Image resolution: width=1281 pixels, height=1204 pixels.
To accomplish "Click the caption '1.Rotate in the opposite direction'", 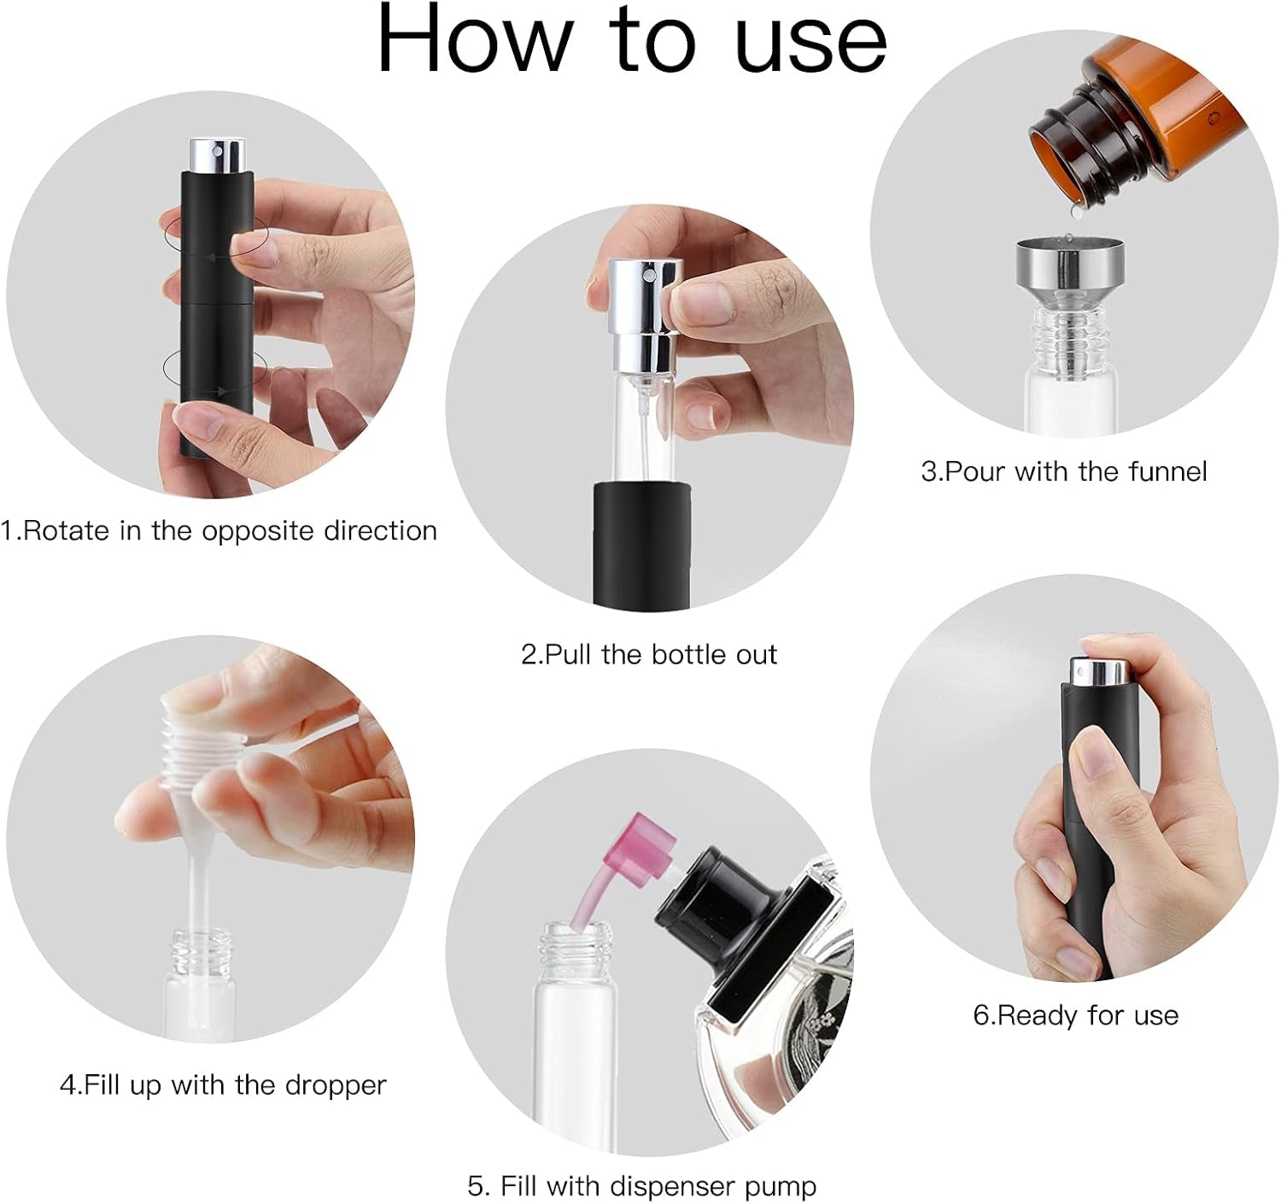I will click(x=219, y=530).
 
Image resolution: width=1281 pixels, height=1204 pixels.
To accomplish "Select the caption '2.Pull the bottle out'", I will click(x=649, y=654).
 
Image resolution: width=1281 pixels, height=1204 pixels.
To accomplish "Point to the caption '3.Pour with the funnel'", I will click(x=1064, y=471).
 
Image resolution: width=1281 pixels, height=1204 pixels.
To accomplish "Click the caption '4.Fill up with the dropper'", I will click(x=223, y=1084).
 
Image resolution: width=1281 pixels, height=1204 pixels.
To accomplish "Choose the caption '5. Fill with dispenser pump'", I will click(x=641, y=1185).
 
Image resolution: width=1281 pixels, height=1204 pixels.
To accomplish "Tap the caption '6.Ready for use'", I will click(x=1076, y=1014).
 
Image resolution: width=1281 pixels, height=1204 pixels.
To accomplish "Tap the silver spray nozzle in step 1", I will click(x=217, y=156).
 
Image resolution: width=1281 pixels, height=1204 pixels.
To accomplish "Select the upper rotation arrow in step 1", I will click(x=214, y=235).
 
